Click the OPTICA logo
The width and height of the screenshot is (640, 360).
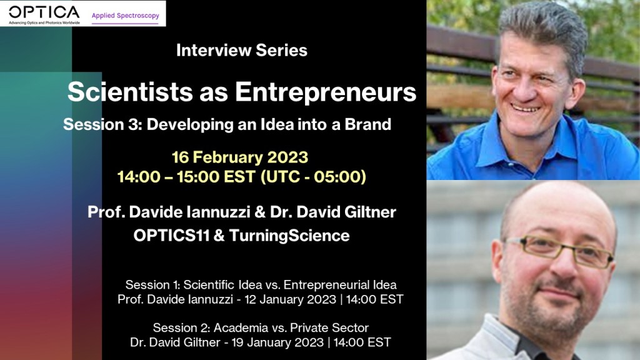44,15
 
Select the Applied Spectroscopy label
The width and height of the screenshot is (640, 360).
125,16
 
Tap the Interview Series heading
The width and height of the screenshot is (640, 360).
242,50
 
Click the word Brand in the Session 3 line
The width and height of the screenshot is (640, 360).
367,124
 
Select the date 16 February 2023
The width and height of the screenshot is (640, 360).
240,157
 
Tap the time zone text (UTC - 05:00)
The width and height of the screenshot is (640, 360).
313,177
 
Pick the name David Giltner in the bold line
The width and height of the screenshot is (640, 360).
346,212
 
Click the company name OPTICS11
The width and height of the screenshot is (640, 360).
171,236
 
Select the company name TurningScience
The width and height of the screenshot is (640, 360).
289,236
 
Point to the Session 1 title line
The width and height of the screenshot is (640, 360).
261,284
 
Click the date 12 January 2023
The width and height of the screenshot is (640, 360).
290,299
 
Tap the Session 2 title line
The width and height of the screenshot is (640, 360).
261,327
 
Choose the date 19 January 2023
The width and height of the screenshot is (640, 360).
277,342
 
